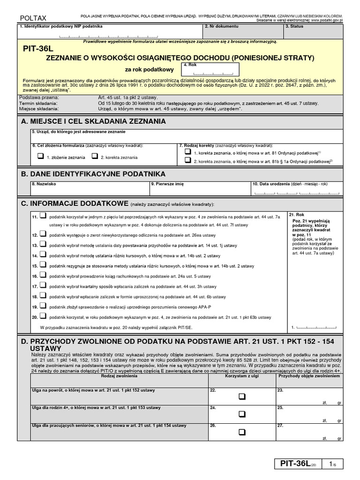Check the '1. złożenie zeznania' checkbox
pos(41,156)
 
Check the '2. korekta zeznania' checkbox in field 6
pos(95,156)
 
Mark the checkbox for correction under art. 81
pos(187,152)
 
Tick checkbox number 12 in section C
pos(43,233)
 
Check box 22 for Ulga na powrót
pos(242,397)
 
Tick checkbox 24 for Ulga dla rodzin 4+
pos(242,414)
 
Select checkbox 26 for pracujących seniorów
pos(242,432)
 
